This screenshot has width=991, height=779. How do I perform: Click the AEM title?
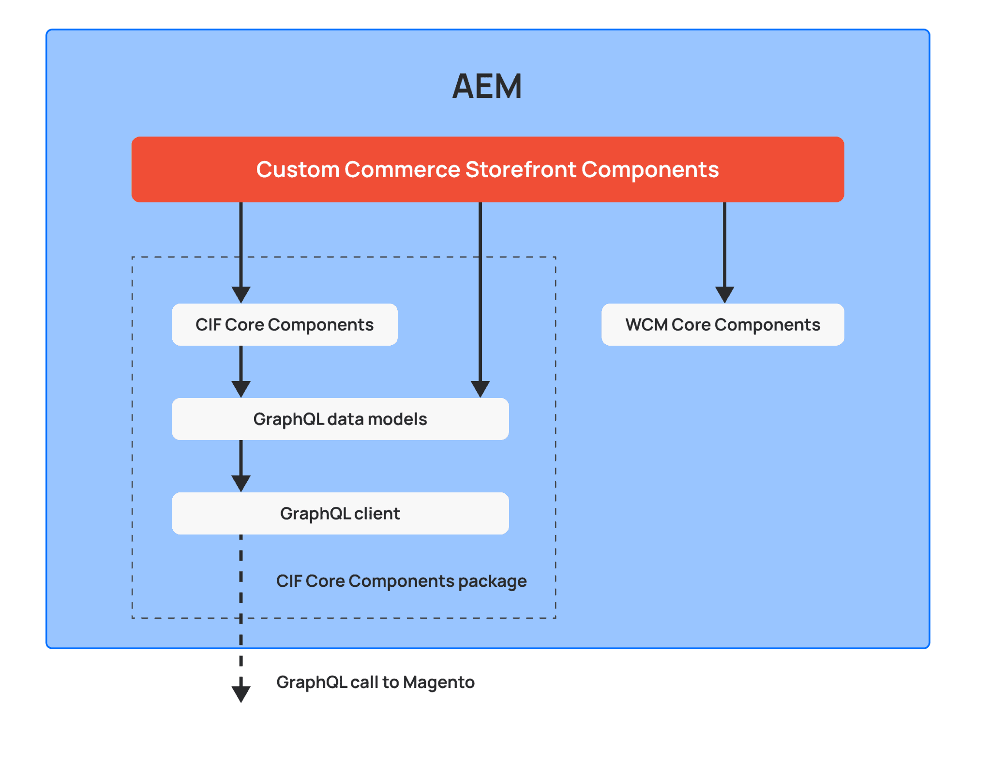click(x=487, y=86)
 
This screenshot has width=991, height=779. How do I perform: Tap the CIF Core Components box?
click(x=285, y=324)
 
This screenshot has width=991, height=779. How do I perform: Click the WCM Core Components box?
click(x=722, y=324)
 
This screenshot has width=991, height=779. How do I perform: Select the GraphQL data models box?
click(x=340, y=419)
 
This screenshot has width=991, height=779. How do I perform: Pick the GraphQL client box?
click(x=340, y=513)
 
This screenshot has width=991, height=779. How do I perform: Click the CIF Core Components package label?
click(x=401, y=580)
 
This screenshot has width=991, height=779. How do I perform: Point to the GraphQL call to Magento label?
click(x=375, y=682)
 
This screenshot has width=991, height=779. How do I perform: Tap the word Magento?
click(x=438, y=682)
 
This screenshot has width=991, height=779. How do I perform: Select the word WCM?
click(x=646, y=324)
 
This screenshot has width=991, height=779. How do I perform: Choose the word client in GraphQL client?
click(x=377, y=513)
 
